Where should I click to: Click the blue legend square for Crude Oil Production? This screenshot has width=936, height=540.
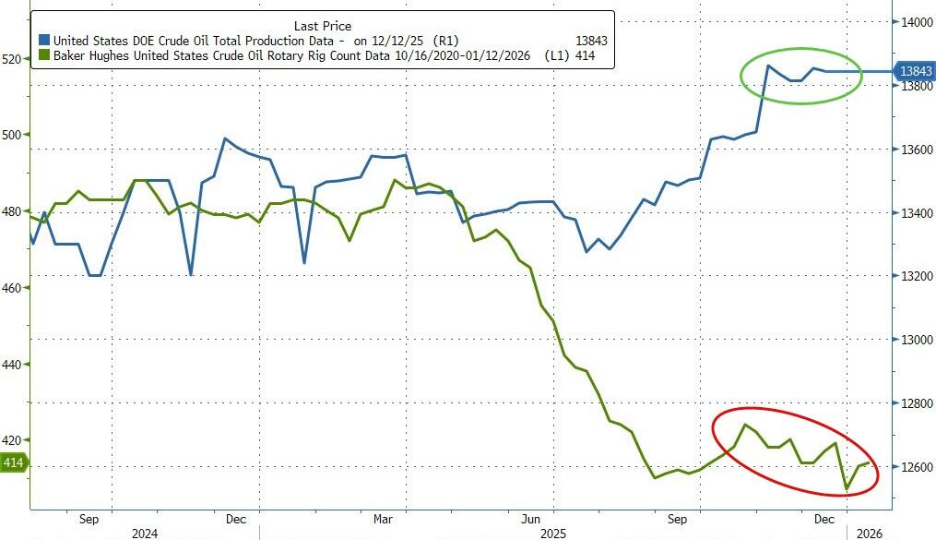[x=44, y=41]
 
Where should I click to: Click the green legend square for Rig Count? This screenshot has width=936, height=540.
[x=44, y=56]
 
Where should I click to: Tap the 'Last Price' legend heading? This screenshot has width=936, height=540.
[x=322, y=26]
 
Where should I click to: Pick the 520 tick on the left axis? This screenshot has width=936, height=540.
[x=13, y=59]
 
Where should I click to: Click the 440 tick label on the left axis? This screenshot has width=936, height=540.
[x=13, y=365]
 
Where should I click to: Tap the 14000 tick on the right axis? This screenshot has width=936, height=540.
[x=912, y=22]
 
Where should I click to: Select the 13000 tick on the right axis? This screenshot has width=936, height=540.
[x=912, y=340]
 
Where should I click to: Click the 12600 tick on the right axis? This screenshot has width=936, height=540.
[x=912, y=467]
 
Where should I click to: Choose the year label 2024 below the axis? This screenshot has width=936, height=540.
[x=144, y=534]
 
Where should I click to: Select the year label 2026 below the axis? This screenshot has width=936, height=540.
[x=871, y=534]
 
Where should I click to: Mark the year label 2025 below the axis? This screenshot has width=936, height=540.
[x=553, y=534]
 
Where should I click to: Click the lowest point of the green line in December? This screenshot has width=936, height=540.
[x=846, y=490]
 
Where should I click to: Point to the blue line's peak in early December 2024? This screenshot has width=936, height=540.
[x=225, y=138]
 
